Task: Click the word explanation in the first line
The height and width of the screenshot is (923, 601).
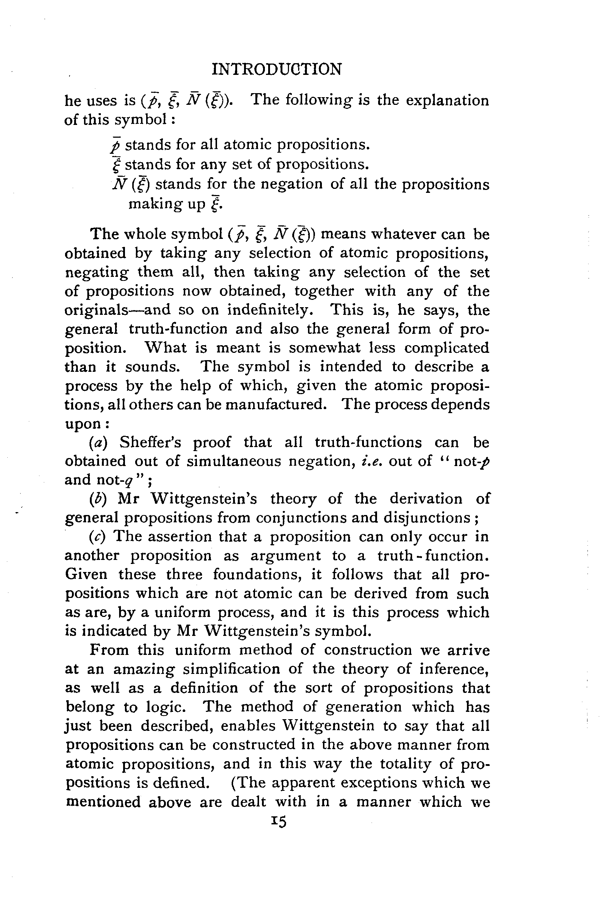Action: tap(447, 100)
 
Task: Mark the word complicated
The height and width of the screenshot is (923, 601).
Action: tap(446, 347)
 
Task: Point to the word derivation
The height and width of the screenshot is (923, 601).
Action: tap(426, 499)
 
